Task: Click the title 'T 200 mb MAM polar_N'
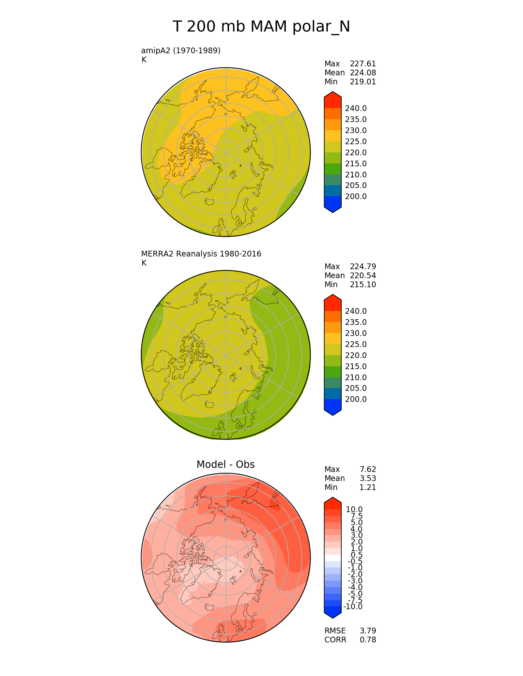(x=261, y=27)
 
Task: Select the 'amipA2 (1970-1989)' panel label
(x=181, y=50)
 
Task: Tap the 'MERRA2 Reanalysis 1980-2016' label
(x=201, y=254)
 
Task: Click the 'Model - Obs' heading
(x=226, y=464)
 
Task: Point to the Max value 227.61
(x=363, y=64)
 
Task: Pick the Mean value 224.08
(x=363, y=73)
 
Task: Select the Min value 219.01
(x=363, y=82)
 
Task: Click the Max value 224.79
(x=363, y=266)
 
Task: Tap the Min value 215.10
(x=363, y=284)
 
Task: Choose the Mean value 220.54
(x=363, y=275)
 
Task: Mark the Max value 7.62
(x=368, y=469)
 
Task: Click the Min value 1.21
(x=368, y=487)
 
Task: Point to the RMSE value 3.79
(x=368, y=631)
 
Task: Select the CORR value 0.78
(x=368, y=640)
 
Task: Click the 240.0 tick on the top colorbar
(x=356, y=108)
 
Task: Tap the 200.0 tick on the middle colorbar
(x=356, y=399)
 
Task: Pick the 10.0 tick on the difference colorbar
(x=354, y=509)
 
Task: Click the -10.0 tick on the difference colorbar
(x=353, y=606)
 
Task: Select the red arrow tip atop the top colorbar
(x=333, y=97)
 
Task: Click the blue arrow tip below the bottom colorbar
(x=333, y=613)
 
